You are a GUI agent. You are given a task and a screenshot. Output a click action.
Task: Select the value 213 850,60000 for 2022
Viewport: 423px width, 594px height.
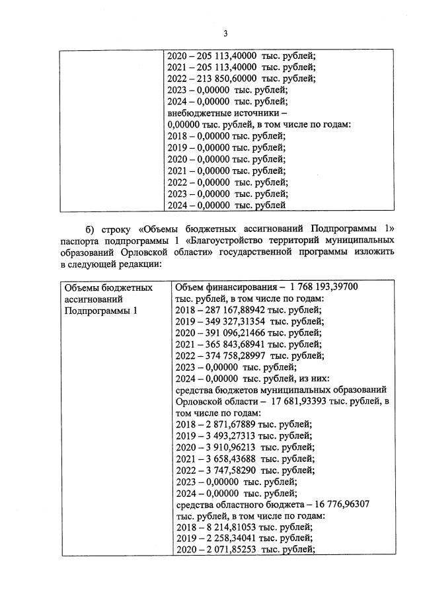[x=225, y=78]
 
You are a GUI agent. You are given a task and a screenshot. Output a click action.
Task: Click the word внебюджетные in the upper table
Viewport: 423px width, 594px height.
[x=199, y=113]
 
